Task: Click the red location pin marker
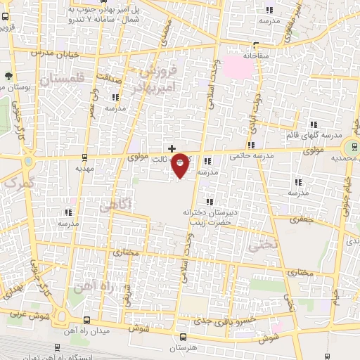181,165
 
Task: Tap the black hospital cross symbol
172,148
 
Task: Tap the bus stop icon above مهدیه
84,157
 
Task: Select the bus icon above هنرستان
184,337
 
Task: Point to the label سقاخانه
257,54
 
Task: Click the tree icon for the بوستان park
8,76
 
